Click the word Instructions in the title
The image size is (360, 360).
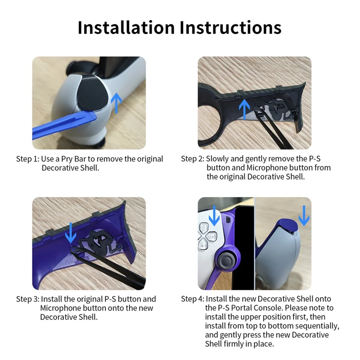coord(230,27)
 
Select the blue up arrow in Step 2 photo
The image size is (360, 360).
coord(244,108)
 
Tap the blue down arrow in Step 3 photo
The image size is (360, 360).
coord(71,231)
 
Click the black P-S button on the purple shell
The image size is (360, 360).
coord(101,243)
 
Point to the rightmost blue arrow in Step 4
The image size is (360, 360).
coord(304,216)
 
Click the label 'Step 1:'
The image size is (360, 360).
coord(28,159)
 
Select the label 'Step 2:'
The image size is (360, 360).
coord(193,159)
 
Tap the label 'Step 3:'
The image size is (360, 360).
coord(28,299)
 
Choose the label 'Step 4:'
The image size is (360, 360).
coord(193,299)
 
